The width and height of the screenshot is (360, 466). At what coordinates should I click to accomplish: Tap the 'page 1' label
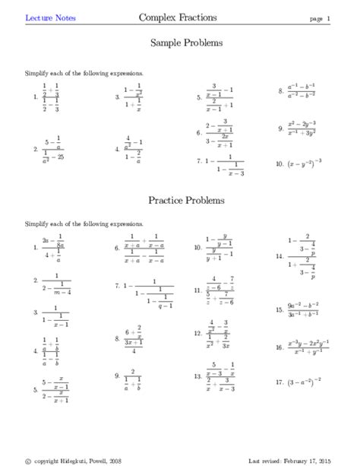point(319,17)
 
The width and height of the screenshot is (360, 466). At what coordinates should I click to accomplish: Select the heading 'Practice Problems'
point(186,201)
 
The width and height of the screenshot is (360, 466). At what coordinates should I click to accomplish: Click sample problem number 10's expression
point(305,163)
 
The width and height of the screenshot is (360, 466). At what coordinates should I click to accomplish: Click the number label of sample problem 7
point(197,160)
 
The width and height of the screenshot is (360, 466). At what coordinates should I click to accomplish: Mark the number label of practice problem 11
point(197,290)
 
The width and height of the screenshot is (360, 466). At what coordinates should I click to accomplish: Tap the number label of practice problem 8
point(116,338)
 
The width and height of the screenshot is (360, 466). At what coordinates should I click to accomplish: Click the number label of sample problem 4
point(117,150)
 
